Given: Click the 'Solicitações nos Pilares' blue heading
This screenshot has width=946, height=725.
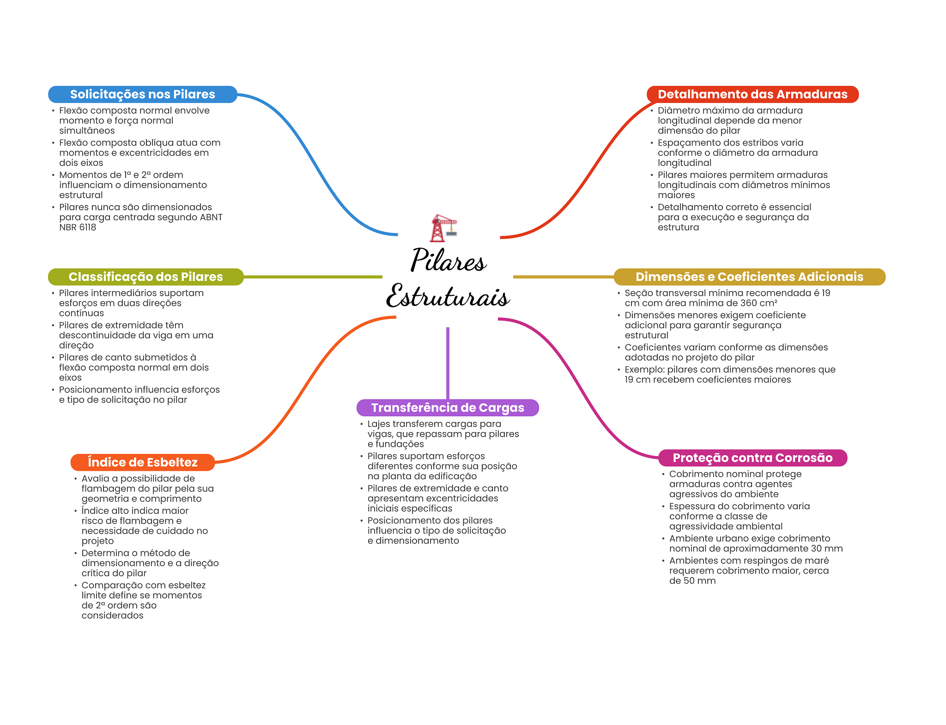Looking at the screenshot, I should tap(142, 94).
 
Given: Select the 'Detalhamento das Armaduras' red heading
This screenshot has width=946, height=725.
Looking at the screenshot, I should tap(752, 94).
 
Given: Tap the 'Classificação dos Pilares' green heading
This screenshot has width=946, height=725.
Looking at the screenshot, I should tap(146, 277).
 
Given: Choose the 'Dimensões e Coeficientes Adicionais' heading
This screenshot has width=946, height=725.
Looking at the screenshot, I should tap(749, 277).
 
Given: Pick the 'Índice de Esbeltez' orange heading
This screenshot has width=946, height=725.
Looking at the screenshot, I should tap(142, 462).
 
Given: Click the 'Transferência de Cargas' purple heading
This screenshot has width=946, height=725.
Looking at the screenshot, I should tap(448, 408).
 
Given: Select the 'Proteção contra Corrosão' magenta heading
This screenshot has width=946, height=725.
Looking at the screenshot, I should tap(752, 458).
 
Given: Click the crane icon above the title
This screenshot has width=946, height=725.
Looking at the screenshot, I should tap(443, 228).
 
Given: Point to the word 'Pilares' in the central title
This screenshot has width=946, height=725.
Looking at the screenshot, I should tap(448, 260).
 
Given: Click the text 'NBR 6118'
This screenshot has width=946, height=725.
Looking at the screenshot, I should tap(78, 227).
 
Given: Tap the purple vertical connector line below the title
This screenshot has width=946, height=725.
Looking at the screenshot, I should tap(448, 363).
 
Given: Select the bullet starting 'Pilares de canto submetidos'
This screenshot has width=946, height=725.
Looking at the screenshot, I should tap(133, 367).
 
